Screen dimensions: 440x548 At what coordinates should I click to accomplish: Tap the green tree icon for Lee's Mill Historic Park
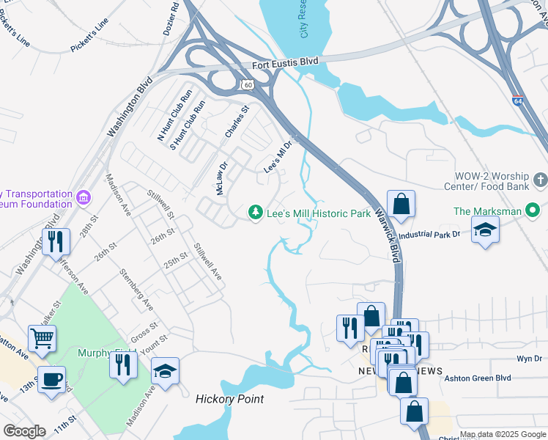click(255, 213)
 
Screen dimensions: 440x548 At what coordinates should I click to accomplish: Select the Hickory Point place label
click(229, 399)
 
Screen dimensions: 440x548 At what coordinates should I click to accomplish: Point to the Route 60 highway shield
click(248, 86)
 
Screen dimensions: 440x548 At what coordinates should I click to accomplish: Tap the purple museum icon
click(84, 198)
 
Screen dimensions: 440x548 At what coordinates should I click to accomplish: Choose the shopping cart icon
click(42, 338)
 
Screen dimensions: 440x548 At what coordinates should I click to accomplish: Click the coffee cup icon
click(51, 379)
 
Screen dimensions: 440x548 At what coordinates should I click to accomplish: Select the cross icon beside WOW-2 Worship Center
click(540, 180)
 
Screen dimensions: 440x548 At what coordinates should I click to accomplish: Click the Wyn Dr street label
click(528, 359)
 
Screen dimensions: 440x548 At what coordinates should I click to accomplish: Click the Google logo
click(24, 431)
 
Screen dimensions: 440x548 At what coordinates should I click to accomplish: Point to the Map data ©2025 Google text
click(503, 434)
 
